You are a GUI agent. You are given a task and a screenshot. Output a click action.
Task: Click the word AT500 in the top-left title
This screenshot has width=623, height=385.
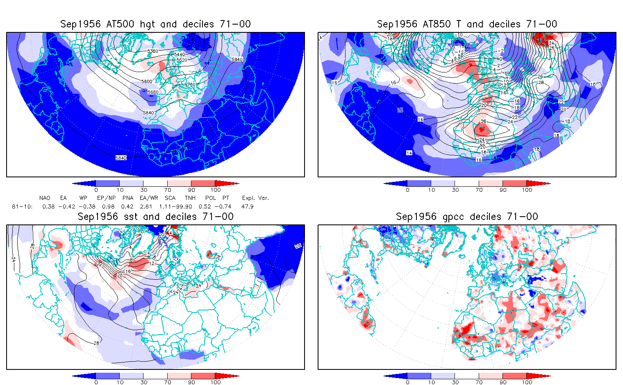(120, 24)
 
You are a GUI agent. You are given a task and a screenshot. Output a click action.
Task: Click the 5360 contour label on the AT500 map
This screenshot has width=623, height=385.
(152, 51)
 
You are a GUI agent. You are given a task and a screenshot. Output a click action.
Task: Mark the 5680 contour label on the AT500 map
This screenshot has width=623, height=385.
(153, 92)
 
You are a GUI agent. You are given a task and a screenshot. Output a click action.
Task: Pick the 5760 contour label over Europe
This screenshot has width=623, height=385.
(190, 84)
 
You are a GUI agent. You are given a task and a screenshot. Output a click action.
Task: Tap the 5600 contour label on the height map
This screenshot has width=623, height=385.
(147, 82)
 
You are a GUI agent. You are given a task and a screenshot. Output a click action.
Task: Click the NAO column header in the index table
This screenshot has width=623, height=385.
(45, 198)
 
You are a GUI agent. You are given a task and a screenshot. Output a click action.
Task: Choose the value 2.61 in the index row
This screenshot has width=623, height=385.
(146, 206)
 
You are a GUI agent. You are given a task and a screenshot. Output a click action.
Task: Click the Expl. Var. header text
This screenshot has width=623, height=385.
(255, 198)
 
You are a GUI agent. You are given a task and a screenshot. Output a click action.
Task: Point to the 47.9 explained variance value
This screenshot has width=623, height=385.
(247, 206)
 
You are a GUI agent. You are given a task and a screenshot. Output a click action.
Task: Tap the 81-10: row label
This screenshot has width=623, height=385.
(22, 206)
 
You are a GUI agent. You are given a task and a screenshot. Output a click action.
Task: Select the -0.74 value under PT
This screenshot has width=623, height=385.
(225, 206)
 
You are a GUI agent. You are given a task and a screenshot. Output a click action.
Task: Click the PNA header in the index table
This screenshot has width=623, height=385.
(127, 198)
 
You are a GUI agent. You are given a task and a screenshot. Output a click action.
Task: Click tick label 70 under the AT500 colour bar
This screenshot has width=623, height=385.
(167, 190)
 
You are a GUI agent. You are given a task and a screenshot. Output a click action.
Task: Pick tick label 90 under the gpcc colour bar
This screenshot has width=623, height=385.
(503, 382)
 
